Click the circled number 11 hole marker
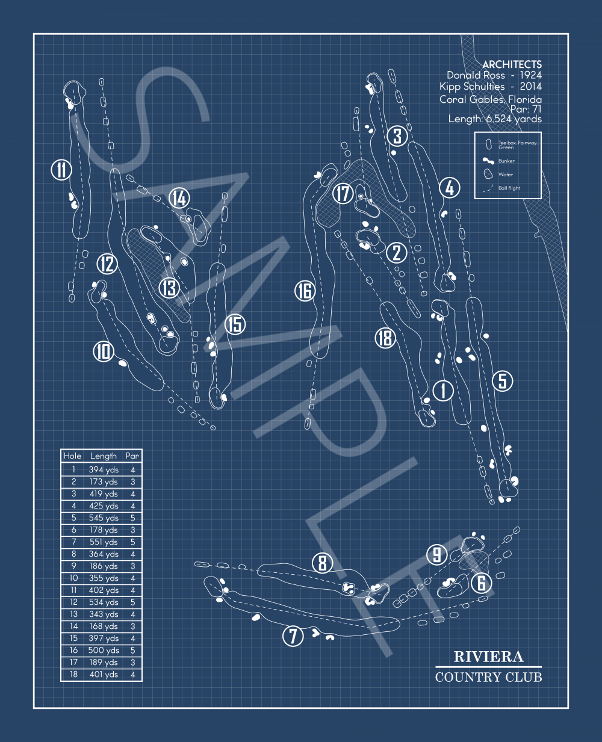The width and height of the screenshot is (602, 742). click(x=61, y=170)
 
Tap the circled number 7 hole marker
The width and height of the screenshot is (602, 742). click(x=293, y=635)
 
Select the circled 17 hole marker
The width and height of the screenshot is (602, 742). click(x=343, y=194)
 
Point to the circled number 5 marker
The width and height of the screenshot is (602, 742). click(x=503, y=380)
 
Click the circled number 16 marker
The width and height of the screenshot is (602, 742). click(x=305, y=291)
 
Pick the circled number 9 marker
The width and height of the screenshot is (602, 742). click(x=437, y=554)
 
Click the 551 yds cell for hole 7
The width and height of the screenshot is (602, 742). click(x=104, y=542)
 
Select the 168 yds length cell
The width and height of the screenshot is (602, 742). click(x=104, y=626)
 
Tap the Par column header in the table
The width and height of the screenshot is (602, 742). click(x=132, y=456)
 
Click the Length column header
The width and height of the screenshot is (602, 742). click(x=104, y=456)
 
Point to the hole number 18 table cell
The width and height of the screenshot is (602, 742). click(x=73, y=675)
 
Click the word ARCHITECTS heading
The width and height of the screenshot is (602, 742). click(x=512, y=64)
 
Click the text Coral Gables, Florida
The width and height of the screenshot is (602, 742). click(x=490, y=99)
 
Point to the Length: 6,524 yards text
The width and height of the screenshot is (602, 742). click(x=495, y=119)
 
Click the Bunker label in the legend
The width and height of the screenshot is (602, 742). click(x=506, y=161)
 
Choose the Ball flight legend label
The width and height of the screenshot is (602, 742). click(x=509, y=188)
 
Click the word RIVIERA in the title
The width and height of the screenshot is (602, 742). click(x=488, y=657)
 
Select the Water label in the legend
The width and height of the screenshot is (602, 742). click(x=505, y=175)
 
